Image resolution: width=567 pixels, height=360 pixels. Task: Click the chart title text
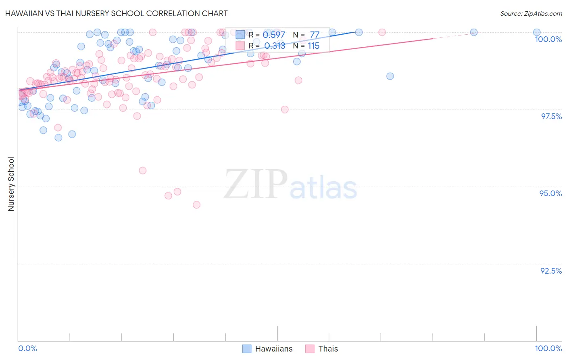click(117, 13)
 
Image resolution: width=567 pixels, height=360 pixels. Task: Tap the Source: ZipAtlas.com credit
click(531, 13)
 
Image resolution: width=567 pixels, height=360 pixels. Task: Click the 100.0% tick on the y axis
click(548, 39)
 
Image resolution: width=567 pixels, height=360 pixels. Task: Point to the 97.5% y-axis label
click(551, 116)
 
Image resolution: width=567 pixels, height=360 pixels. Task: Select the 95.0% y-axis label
click(550, 193)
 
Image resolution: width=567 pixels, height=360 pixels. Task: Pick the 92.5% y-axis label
click(551, 271)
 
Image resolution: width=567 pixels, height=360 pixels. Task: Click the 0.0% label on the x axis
click(27, 348)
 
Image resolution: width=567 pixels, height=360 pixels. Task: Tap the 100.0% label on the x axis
click(548, 348)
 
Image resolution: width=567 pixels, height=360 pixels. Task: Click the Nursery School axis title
click(11, 184)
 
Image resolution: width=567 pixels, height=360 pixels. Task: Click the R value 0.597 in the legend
click(274, 35)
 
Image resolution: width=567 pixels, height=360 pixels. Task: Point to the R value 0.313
click(275, 46)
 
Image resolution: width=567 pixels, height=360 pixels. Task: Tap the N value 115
click(313, 46)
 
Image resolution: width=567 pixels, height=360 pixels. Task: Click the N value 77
click(315, 35)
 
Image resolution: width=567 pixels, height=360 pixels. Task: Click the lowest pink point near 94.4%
click(196, 205)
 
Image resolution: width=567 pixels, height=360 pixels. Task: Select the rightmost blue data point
click(537, 32)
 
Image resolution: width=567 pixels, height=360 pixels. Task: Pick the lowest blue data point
click(58, 138)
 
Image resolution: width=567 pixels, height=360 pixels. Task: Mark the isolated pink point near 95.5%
click(142, 170)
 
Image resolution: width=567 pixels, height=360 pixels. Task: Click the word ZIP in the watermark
click(255, 184)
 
